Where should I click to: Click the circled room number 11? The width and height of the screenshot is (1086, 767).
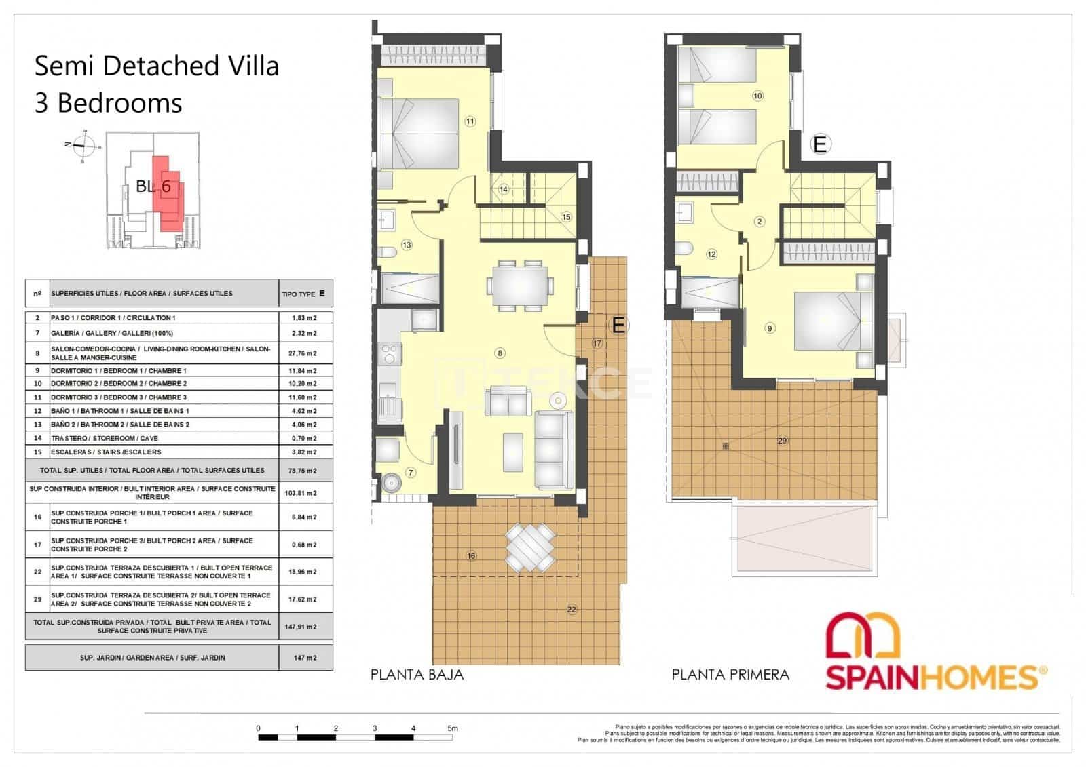click(470, 122)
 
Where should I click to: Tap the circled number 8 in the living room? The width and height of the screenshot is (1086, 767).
click(500, 353)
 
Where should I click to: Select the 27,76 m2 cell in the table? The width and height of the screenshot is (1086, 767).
click(305, 353)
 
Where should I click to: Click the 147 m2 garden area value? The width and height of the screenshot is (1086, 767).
click(305, 658)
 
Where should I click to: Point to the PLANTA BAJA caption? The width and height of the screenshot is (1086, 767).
click(417, 675)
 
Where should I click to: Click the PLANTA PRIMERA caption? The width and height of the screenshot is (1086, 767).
click(730, 675)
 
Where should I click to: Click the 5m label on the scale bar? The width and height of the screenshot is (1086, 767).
click(453, 728)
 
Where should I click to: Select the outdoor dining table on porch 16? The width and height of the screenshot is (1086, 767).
click(528, 547)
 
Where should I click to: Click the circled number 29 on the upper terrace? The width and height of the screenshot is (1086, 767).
click(782, 441)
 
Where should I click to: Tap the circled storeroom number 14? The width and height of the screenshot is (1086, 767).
click(503, 190)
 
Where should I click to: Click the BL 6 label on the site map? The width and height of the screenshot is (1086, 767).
click(153, 186)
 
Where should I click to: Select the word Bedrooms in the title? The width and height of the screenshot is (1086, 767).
click(119, 103)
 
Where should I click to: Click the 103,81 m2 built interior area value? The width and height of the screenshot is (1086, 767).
click(305, 493)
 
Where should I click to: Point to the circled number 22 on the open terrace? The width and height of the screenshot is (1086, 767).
click(572, 610)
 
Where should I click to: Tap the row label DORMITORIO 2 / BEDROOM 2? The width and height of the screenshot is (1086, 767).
click(119, 384)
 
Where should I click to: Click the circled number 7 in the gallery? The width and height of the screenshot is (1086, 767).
click(410, 473)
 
